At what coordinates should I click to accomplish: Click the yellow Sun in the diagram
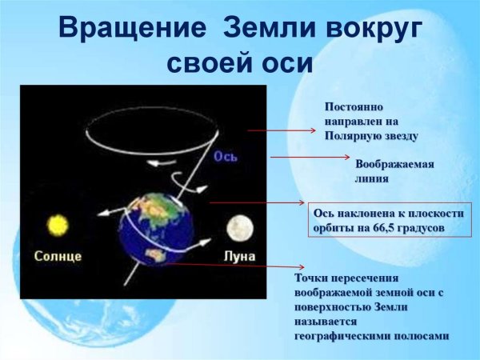pyautogui.click(x=57, y=225)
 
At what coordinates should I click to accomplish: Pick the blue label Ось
pyautogui.click(x=225, y=157)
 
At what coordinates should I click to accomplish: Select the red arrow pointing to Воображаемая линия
pyautogui.click(x=305, y=158)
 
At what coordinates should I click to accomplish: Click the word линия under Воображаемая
pyautogui.click(x=371, y=178)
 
